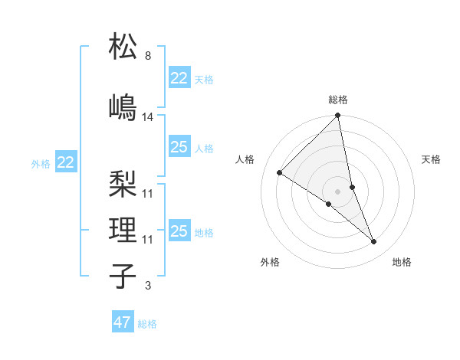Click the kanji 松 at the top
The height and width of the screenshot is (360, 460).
click(x=123, y=47)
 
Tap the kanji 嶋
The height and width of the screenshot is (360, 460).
click(x=123, y=107)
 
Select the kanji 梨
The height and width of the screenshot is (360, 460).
click(x=123, y=184)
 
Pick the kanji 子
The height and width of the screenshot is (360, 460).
click(x=123, y=276)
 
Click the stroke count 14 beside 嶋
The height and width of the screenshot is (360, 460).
click(x=148, y=117)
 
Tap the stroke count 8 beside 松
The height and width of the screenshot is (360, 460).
click(x=148, y=56)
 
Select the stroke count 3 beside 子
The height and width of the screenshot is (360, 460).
click(x=148, y=286)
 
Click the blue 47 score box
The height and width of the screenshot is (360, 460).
click(x=123, y=322)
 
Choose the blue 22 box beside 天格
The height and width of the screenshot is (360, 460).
click(x=179, y=78)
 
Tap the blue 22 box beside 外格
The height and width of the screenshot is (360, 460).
click(x=66, y=162)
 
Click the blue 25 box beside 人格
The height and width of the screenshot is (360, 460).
click(x=179, y=147)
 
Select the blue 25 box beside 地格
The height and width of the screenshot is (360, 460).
click(x=179, y=231)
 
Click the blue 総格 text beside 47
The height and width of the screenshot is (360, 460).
click(x=147, y=324)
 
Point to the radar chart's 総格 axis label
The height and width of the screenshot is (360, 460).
click(x=338, y=100)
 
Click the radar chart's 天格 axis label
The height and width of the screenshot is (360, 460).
click(x=432, y=159)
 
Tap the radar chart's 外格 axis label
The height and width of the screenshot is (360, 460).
click(x=270, y=262)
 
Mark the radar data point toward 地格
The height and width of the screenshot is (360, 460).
click(x=374, y=242)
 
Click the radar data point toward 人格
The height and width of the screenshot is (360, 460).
click(x=280, y=173)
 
